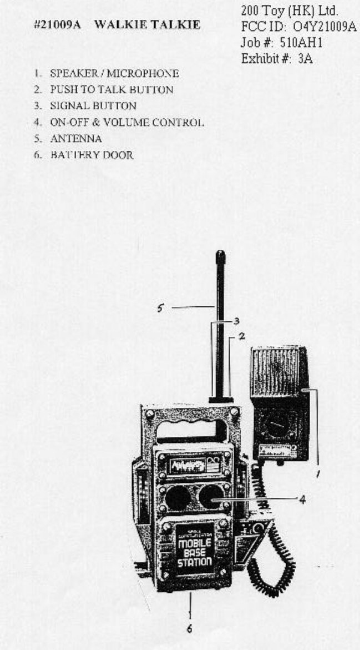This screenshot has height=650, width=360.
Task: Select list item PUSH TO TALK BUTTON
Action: click(111, 89)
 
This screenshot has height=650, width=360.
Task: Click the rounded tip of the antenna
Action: click(220, 256)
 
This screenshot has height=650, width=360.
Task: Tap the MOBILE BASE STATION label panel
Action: click(194, 547)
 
